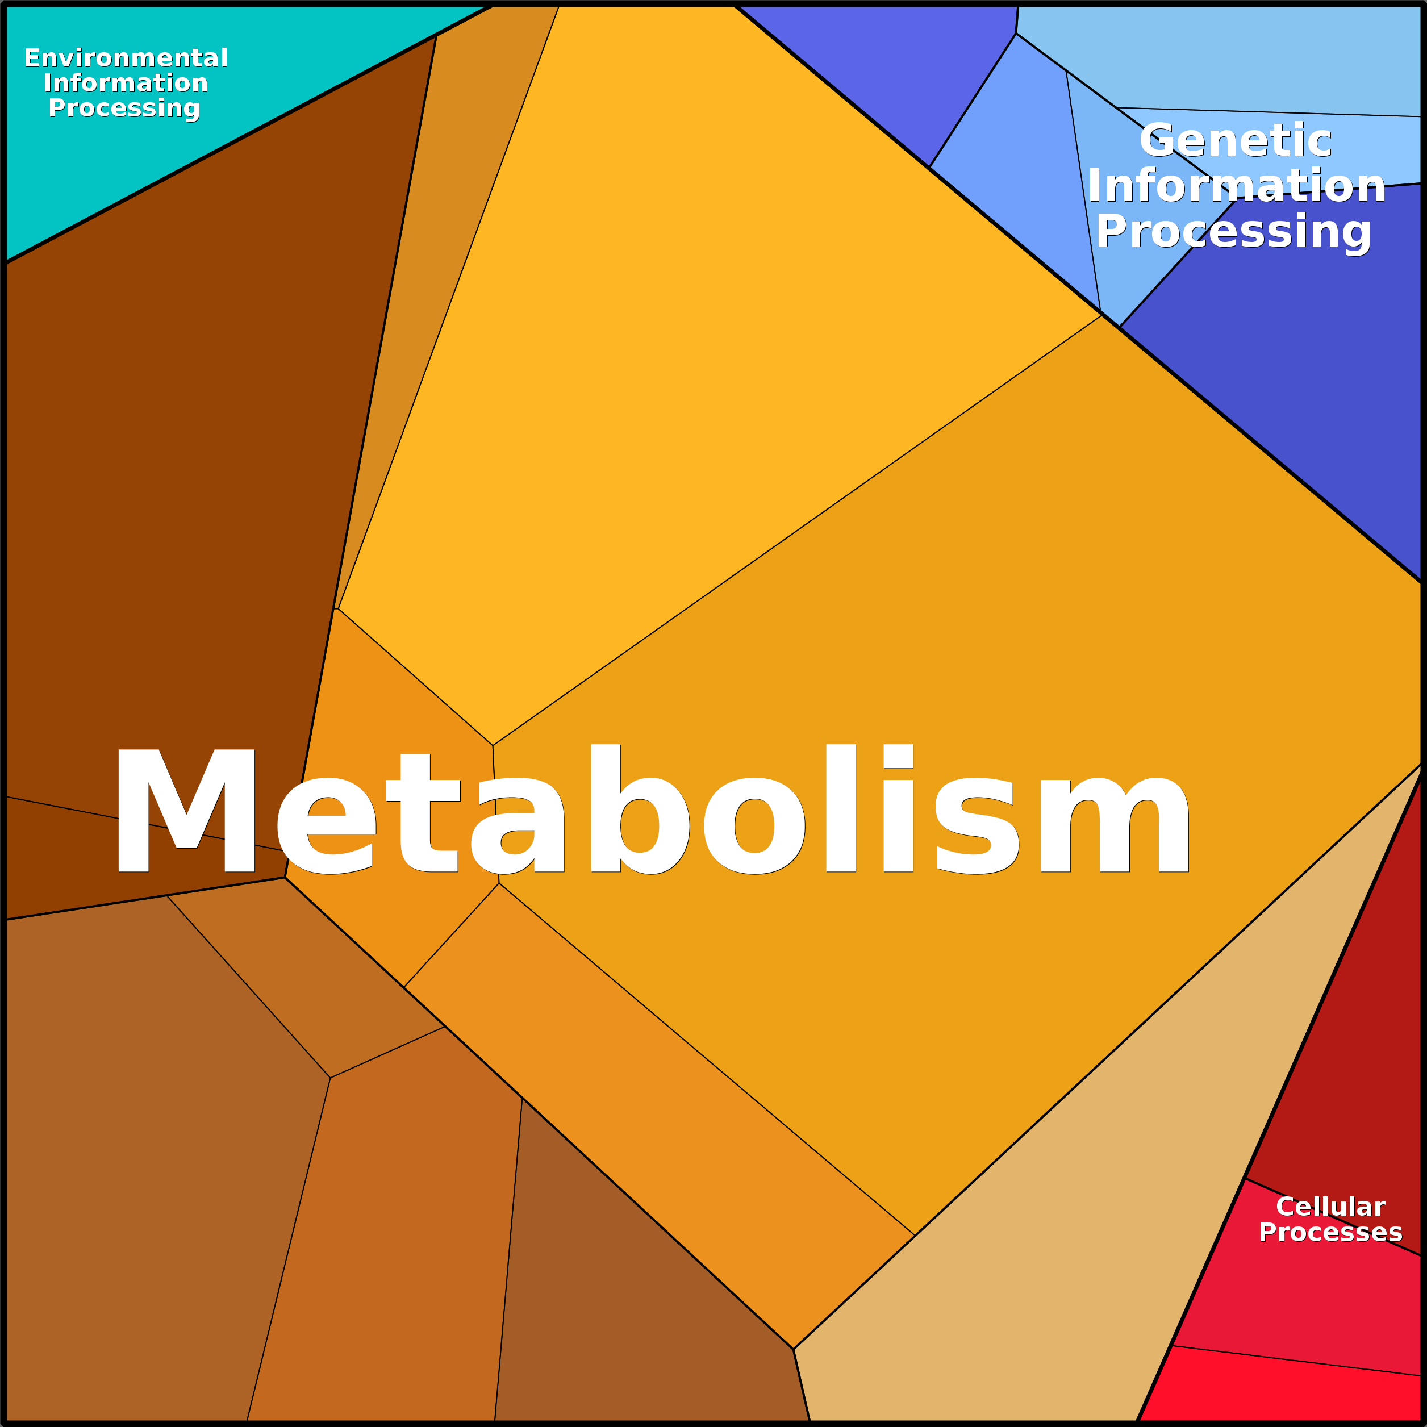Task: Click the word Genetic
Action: click(1235, 140)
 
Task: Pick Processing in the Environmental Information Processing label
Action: click(124, 108)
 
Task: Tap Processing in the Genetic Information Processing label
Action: click(1233, 231)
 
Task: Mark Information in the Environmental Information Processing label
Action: click(126, 83)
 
